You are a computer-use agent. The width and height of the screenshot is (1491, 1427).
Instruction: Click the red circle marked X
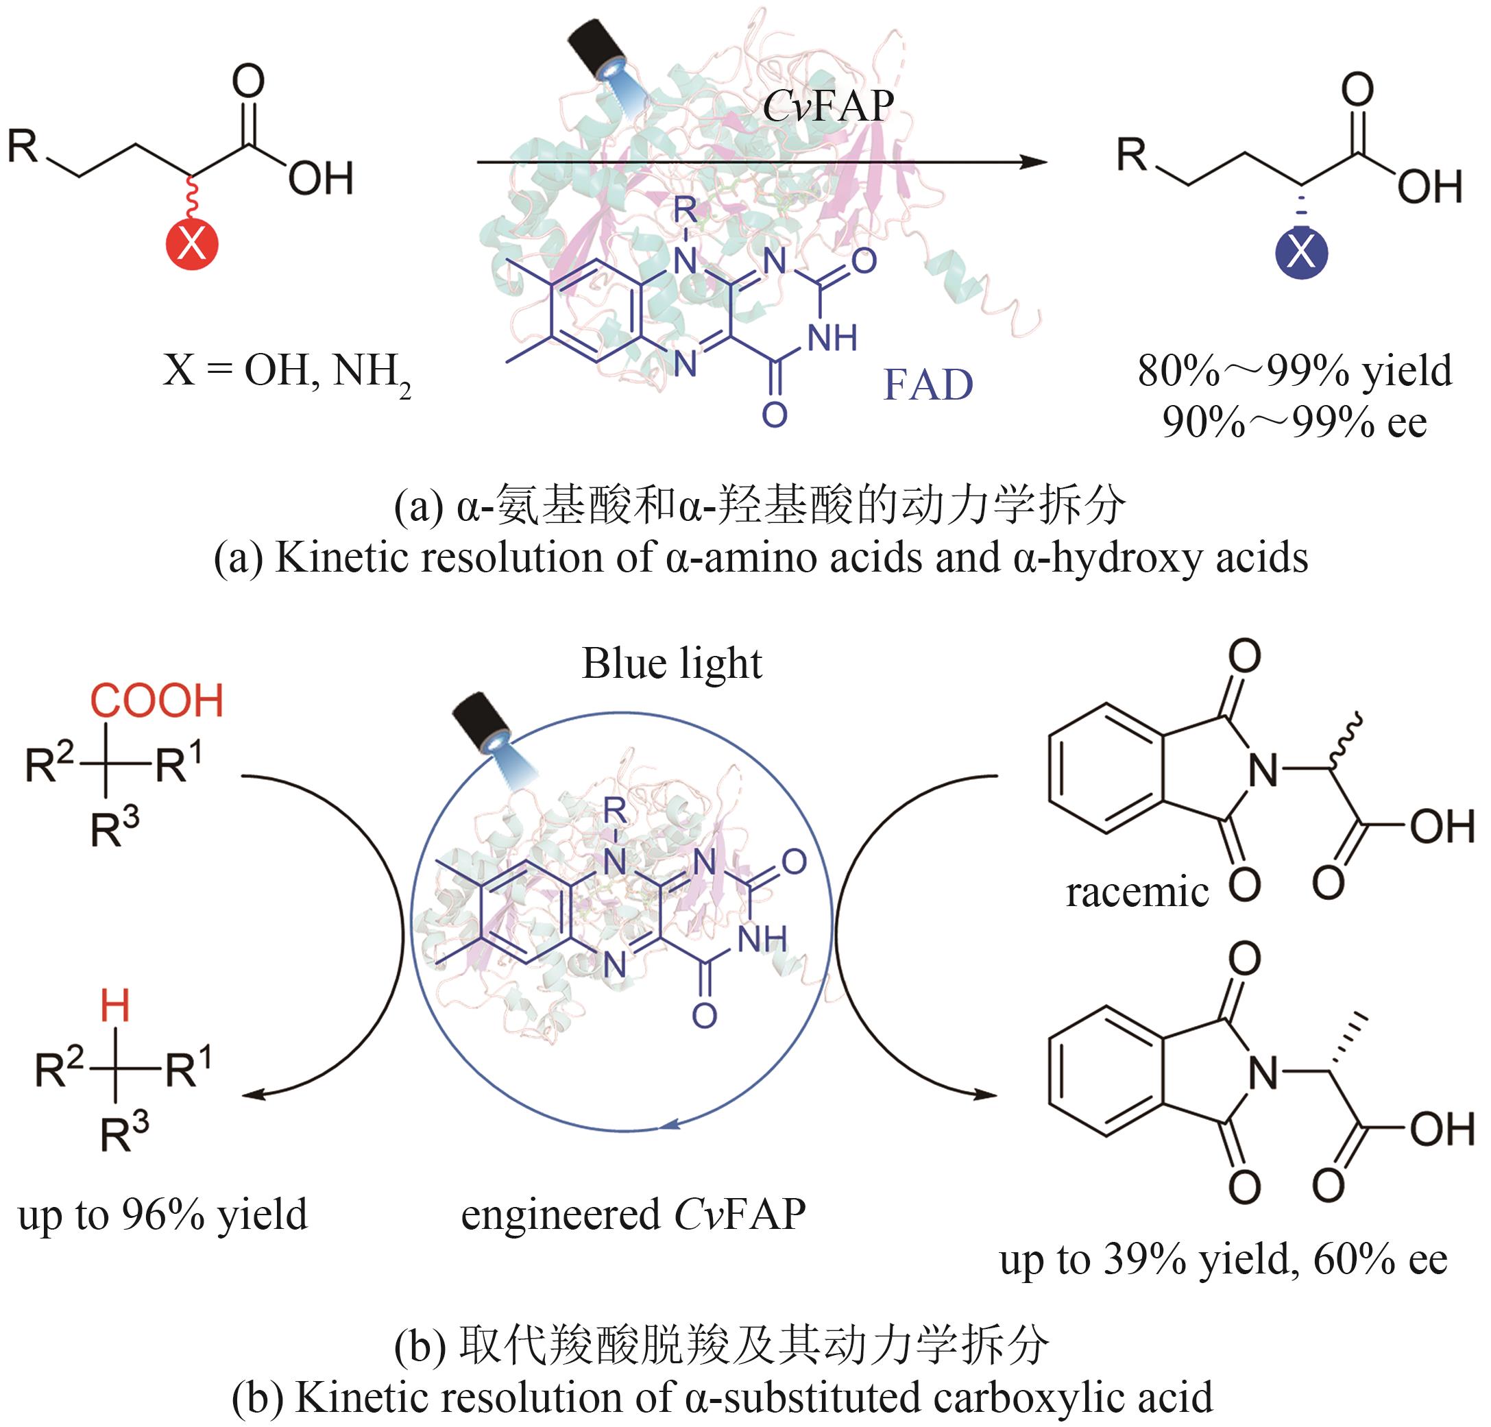(x=192, y=245)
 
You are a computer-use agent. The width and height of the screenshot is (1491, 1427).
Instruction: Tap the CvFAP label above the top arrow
(x=827, y=105)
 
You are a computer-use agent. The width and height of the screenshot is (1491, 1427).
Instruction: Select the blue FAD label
(x=928, y=385)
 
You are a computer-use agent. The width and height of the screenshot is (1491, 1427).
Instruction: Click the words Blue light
(x=672, y=663)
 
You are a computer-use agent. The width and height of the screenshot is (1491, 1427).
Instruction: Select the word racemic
(x=1137, y=892)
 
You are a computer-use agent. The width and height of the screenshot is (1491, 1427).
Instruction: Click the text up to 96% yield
(x=162, y=1214)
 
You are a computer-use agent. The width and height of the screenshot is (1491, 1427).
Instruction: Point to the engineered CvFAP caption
(x=633, y=1214)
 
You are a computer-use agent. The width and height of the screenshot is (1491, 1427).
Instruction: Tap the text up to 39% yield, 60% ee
(x=1223, y=1260)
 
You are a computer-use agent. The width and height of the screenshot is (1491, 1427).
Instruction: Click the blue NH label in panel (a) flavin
(x=832, y=337)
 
